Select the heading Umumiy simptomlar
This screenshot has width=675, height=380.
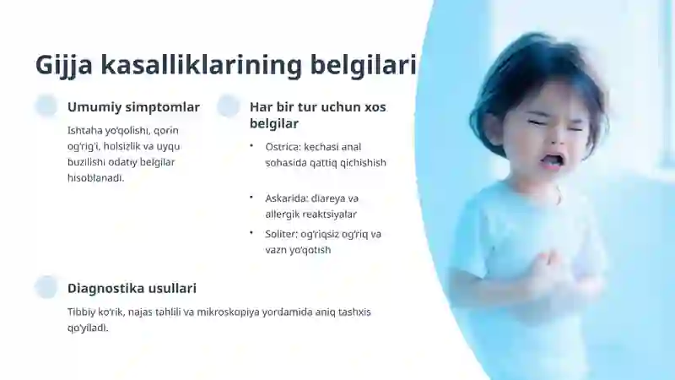133,107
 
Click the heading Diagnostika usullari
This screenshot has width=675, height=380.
132,289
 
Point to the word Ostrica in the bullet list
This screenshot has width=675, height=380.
283,146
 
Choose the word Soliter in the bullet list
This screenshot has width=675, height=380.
282,234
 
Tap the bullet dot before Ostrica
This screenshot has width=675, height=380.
251,146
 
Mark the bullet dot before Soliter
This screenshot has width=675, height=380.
251,233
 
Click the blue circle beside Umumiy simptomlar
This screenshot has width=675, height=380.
46,106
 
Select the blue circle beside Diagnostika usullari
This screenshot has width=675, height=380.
46,287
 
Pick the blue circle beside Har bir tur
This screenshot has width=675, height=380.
229,106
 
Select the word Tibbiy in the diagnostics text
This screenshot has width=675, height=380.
82,312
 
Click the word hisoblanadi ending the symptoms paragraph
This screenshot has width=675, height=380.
95,177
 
